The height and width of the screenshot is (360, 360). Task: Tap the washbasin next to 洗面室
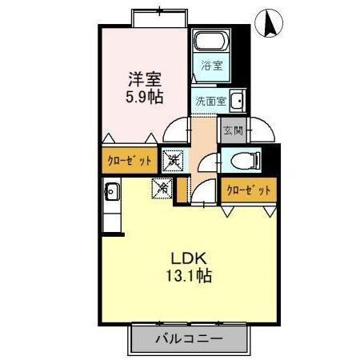click(238, 101)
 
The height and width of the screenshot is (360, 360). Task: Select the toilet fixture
click(243, 161)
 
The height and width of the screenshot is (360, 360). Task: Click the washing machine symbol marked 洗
click(172, 160)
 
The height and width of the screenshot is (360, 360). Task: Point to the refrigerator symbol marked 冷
click(162, 189)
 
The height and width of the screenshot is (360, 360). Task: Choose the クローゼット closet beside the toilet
click(247, 190)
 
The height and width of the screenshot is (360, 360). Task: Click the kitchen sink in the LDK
click(111, 191)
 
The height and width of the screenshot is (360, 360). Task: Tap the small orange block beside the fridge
click(182, 189)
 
